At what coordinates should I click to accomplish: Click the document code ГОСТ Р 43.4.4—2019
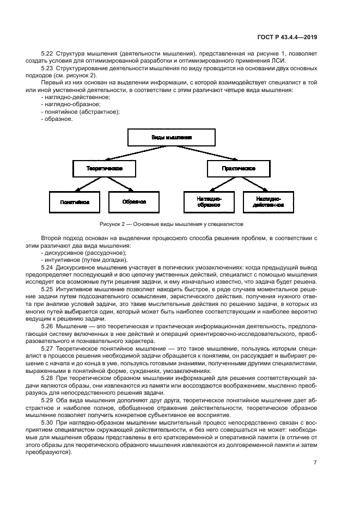click(x=287, y=37)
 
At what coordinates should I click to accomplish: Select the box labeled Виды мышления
click(x=172, y=138)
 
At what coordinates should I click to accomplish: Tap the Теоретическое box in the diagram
click(x=104, y=169)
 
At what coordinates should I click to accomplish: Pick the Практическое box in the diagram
click(x=239, y=169)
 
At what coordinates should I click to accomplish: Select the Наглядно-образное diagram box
click(x=209, y=202)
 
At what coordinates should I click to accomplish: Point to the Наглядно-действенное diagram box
click(x=268, y=202)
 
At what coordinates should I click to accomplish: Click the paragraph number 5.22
click(x=48, y=53)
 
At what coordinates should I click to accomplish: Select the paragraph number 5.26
click(x=48, y=326)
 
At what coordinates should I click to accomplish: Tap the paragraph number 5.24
click(x=48, y=267)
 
